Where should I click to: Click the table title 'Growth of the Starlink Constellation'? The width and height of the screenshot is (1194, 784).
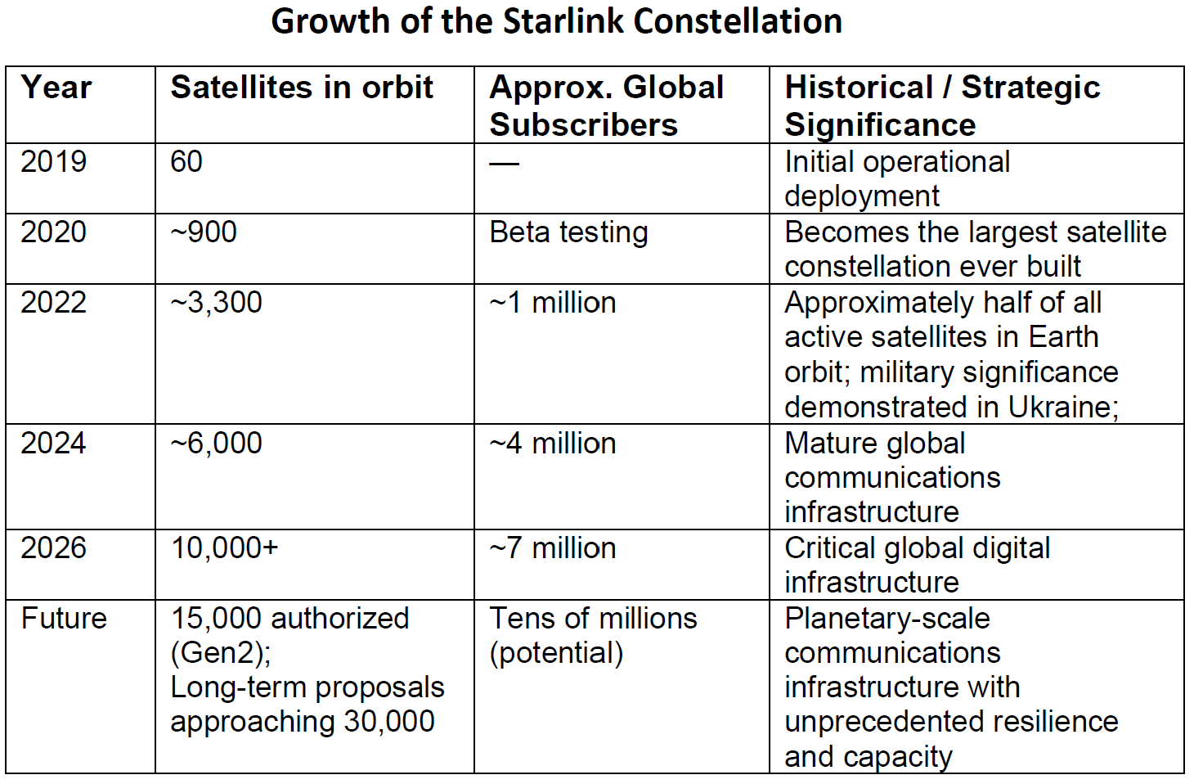pos(556,22)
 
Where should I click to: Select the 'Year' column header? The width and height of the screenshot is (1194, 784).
pos(56,88)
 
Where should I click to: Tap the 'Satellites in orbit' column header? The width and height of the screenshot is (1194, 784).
pos(302,87)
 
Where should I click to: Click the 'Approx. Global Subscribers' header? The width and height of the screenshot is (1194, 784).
pos(606,106)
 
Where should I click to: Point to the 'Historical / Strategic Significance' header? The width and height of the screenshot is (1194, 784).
pos(942,106)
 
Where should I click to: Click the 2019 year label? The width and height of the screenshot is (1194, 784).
pos(53,161)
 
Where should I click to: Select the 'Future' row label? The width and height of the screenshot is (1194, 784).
pos(64,619)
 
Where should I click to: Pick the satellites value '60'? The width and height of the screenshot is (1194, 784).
pos(186,161)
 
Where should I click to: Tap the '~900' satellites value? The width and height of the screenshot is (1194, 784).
pos(204,232)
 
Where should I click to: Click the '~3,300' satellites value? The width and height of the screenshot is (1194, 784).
pos(217,303)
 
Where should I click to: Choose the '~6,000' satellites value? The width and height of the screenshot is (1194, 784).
pos(217,444)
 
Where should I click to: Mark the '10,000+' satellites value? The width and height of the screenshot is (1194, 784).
pos(224,548)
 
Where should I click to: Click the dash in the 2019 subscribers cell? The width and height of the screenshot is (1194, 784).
pos(504,163)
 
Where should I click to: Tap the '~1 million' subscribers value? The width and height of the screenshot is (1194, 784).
pos(553,303)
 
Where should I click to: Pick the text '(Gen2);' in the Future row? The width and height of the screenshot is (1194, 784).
pos(221,653)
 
